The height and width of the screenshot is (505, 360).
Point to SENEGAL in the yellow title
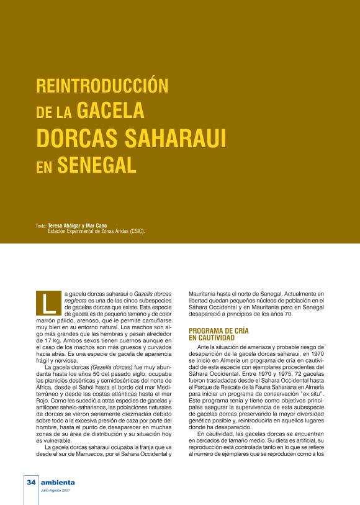[x=97, y=164]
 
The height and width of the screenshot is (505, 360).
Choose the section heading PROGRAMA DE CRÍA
[x=218, y=330]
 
